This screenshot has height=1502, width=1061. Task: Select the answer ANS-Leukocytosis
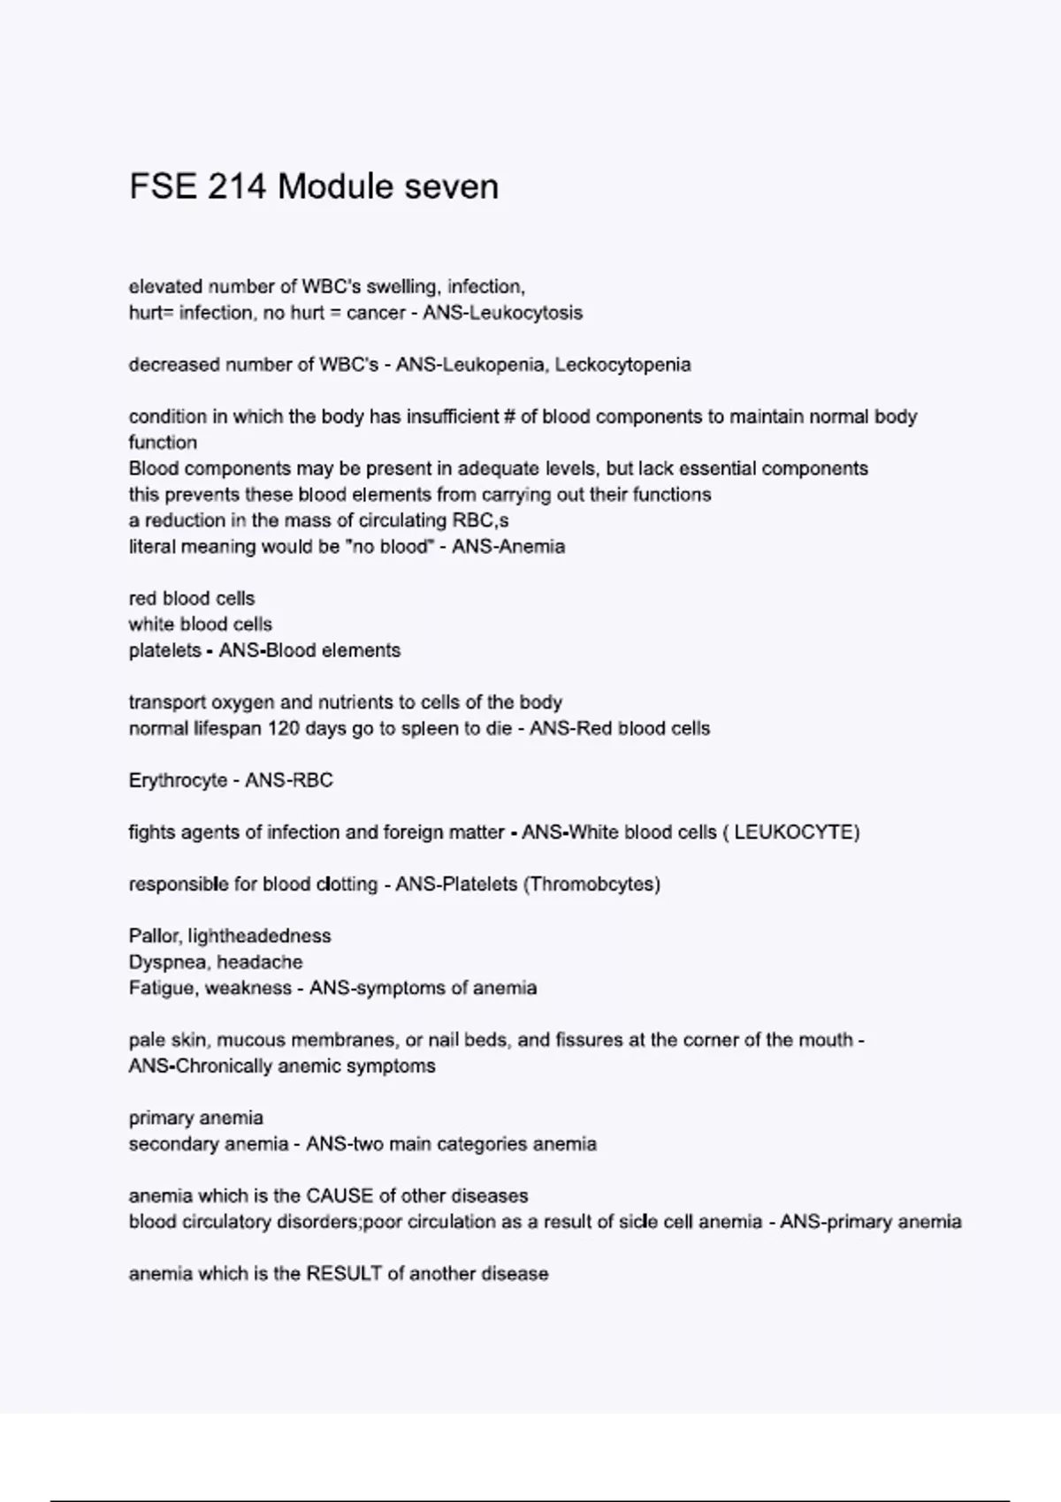click(x=502, y=313)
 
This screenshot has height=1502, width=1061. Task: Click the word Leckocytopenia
click(x=622, y=365)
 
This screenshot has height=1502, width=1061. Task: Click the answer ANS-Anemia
click(x=508, y=547)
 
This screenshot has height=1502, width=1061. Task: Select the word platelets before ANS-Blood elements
click(x=164, y=650)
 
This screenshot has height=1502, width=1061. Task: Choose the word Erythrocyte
click(x=178, y=780)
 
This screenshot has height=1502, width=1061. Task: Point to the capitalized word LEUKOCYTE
click(x=793, y=832)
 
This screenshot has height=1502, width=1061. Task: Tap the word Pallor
click(x=155, y=936)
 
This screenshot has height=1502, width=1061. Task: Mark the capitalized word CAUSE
click(x=340, y=1196)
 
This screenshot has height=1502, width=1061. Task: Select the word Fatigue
click(x=161, y=988)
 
